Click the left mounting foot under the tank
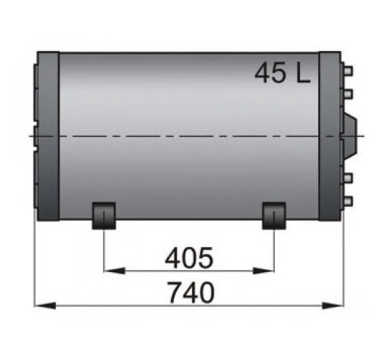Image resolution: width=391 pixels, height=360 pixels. click(103, 215)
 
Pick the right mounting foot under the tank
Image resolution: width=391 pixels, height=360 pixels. click(274, 215)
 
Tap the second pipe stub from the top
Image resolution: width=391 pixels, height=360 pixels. click(348, 93)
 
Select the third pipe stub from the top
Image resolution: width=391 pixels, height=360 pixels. click(348, 178)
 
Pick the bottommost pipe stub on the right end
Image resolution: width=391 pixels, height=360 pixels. click(348, 201)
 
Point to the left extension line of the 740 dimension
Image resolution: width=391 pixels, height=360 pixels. click(34, 263)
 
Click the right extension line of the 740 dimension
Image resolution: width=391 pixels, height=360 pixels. click(344, 263)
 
